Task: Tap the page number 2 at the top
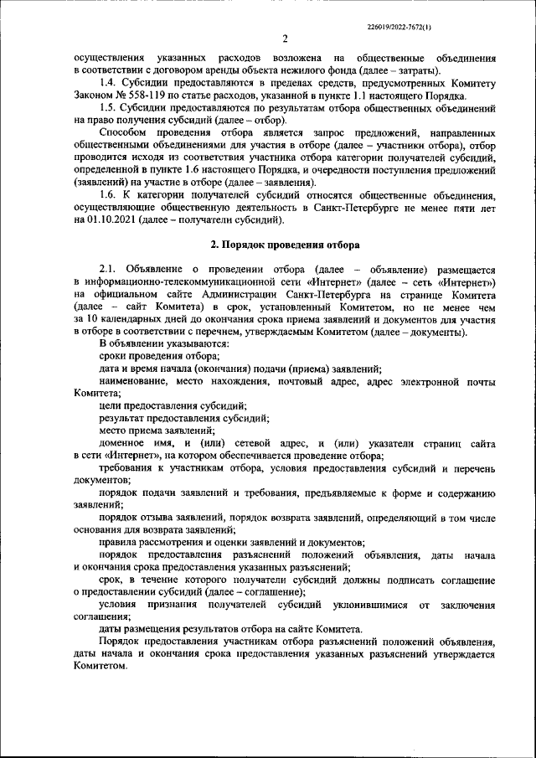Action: pos(285,39)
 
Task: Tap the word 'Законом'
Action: pos(94,96)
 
